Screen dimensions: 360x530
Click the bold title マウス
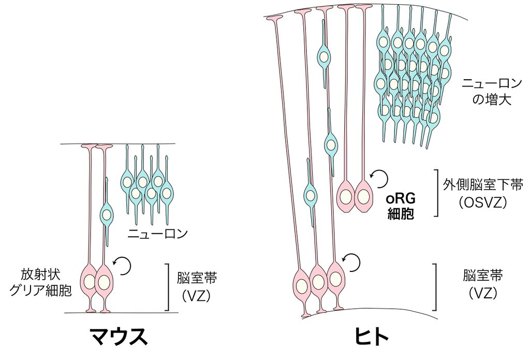tap(119, 337)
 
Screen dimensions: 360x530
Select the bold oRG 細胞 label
tap(401, 206)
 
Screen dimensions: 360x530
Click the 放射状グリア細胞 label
tap(41, 281)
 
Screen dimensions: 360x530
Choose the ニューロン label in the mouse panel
tap(157, 234)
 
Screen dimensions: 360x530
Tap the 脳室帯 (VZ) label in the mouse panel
tap(196, 285)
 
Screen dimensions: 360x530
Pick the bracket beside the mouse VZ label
tap(168, 286)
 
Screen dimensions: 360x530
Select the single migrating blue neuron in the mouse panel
tap(106, 213)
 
